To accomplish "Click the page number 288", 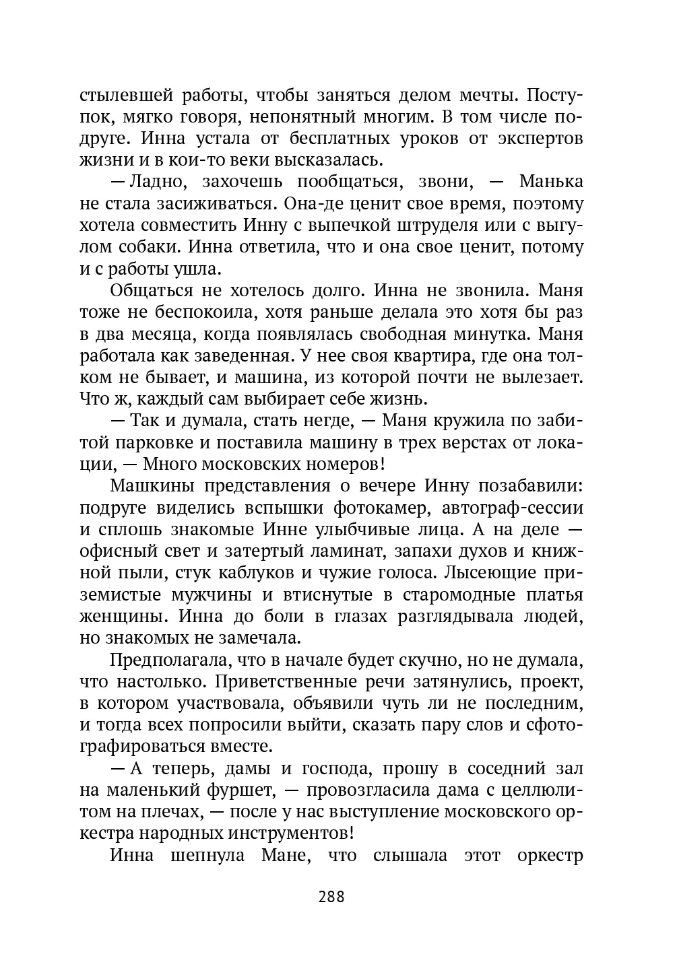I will point(331,896).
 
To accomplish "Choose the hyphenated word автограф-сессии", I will point(517,508).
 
